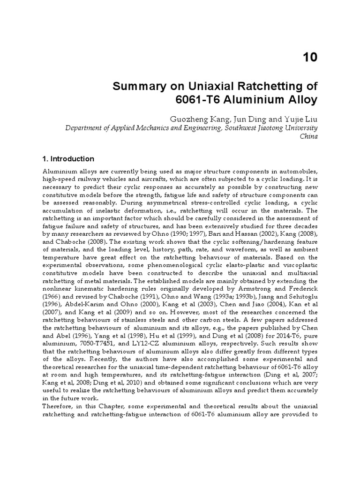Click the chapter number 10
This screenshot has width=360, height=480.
click(310, 57)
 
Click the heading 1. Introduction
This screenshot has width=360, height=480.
click(68, 159)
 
